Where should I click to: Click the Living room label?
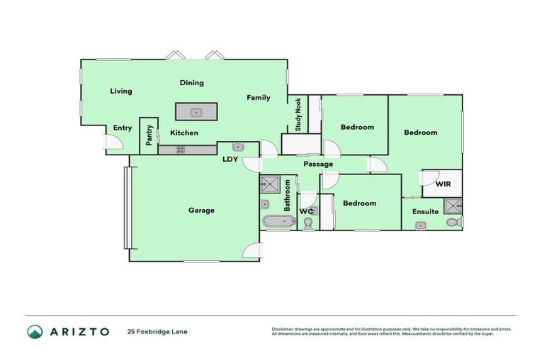121,91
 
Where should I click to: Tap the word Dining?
191,83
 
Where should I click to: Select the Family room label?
259,97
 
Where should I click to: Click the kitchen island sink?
196,112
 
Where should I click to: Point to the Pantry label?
149,135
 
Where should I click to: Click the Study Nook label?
298,115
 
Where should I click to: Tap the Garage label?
201,210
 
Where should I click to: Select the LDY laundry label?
230,160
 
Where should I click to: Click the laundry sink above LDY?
239,147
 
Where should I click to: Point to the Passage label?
318,164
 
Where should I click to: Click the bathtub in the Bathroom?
278,222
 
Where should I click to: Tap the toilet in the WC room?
308,223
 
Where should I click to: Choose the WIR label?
443,184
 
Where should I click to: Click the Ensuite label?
424,211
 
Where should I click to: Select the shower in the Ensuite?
452,206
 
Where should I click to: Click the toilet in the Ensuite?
455,223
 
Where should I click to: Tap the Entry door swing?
113,143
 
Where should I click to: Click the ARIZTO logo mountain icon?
35,331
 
